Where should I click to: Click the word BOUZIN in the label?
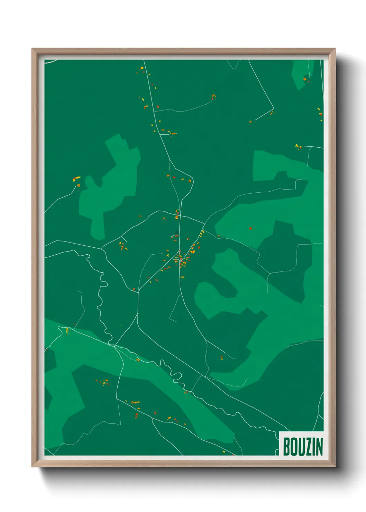point(303,447)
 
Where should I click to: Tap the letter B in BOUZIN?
point(287,447)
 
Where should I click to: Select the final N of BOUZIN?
point(319,447)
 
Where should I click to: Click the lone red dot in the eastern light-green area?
point(250,228)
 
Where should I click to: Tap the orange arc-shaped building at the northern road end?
point(214,97)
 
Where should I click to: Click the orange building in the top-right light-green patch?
point(305,79)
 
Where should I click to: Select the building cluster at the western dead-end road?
point(76,179)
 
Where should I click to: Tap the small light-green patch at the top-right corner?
point(303,73)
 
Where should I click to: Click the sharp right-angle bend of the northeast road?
point(273,109)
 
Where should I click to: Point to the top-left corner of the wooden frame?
point(32,49)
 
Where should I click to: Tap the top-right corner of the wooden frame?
point(335,49)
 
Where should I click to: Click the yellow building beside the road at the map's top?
point(142,68)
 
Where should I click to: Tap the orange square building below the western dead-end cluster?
point(79,185)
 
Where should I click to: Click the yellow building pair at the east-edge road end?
point(298,147)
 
